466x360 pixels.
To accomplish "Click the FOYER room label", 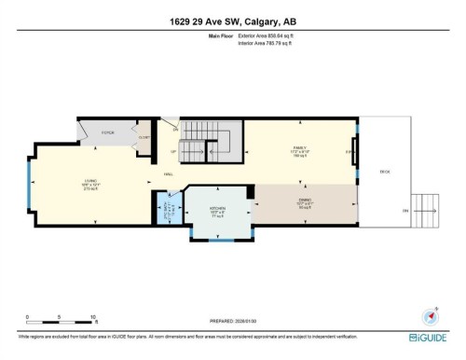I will (x=105, y=132).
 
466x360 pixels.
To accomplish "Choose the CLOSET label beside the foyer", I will (x=144, y=137).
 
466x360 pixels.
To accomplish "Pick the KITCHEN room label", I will (x=217, y=209).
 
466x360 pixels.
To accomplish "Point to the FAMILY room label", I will (x=301, y=146).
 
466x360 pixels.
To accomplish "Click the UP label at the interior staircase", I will (x=173, y=152).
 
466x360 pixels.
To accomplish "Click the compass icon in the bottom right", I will (x=431, y=314).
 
